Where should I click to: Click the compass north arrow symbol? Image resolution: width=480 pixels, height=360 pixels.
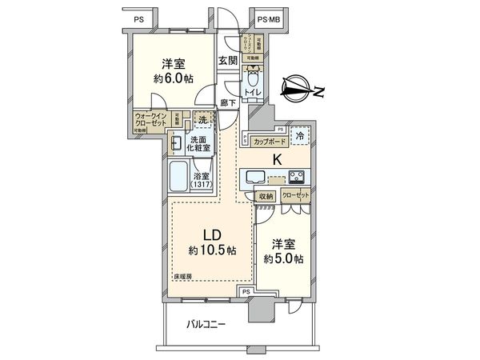click(x=302, y=90)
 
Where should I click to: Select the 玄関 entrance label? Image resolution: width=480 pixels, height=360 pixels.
click(x=227, y=61)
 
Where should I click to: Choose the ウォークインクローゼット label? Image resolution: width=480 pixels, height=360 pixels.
click(x=151, y=121)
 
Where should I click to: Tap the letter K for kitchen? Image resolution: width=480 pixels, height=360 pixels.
click(x=278, y=159)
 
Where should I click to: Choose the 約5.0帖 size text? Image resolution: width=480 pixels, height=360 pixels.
click(x=284, y=258)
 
